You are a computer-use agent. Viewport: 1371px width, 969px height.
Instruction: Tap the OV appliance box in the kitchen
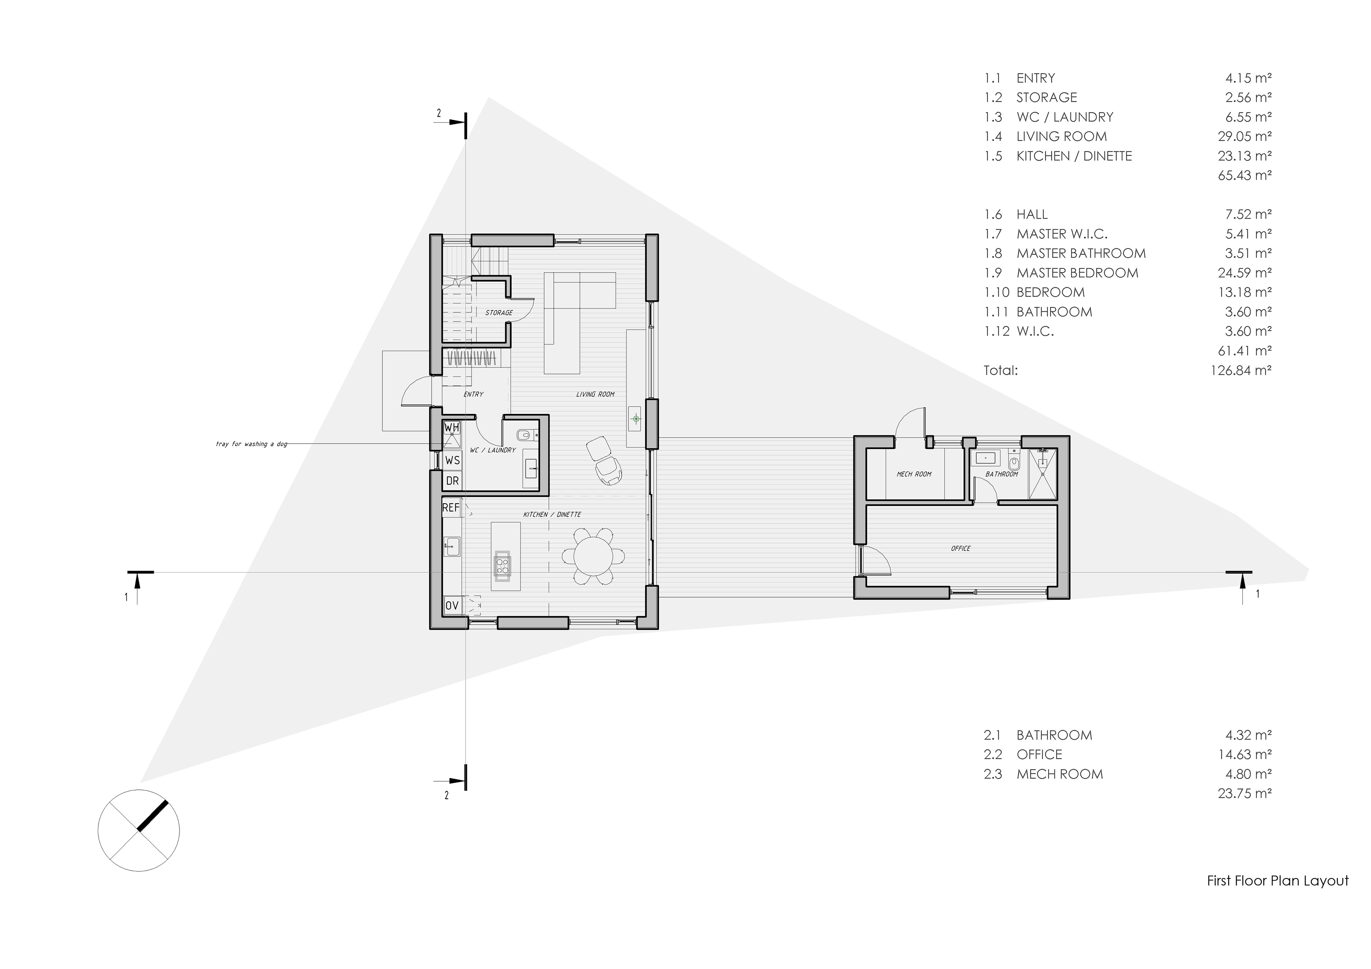pos(452,605)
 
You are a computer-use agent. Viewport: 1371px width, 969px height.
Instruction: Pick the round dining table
pos(593,556)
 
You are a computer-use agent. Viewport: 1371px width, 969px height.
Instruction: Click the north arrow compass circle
pos(139,831)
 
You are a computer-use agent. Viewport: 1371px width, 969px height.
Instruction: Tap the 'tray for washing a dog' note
pos(251,444)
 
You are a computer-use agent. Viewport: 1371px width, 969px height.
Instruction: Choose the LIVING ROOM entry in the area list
pos(1062,136)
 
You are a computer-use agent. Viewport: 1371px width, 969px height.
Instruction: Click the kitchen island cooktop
pos(502,565)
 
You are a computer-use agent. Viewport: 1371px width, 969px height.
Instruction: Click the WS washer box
pos(452,460)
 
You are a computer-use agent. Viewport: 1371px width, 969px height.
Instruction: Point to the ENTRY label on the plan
pos(473,394)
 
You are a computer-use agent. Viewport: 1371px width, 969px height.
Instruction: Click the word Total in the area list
pos(1001,370)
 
